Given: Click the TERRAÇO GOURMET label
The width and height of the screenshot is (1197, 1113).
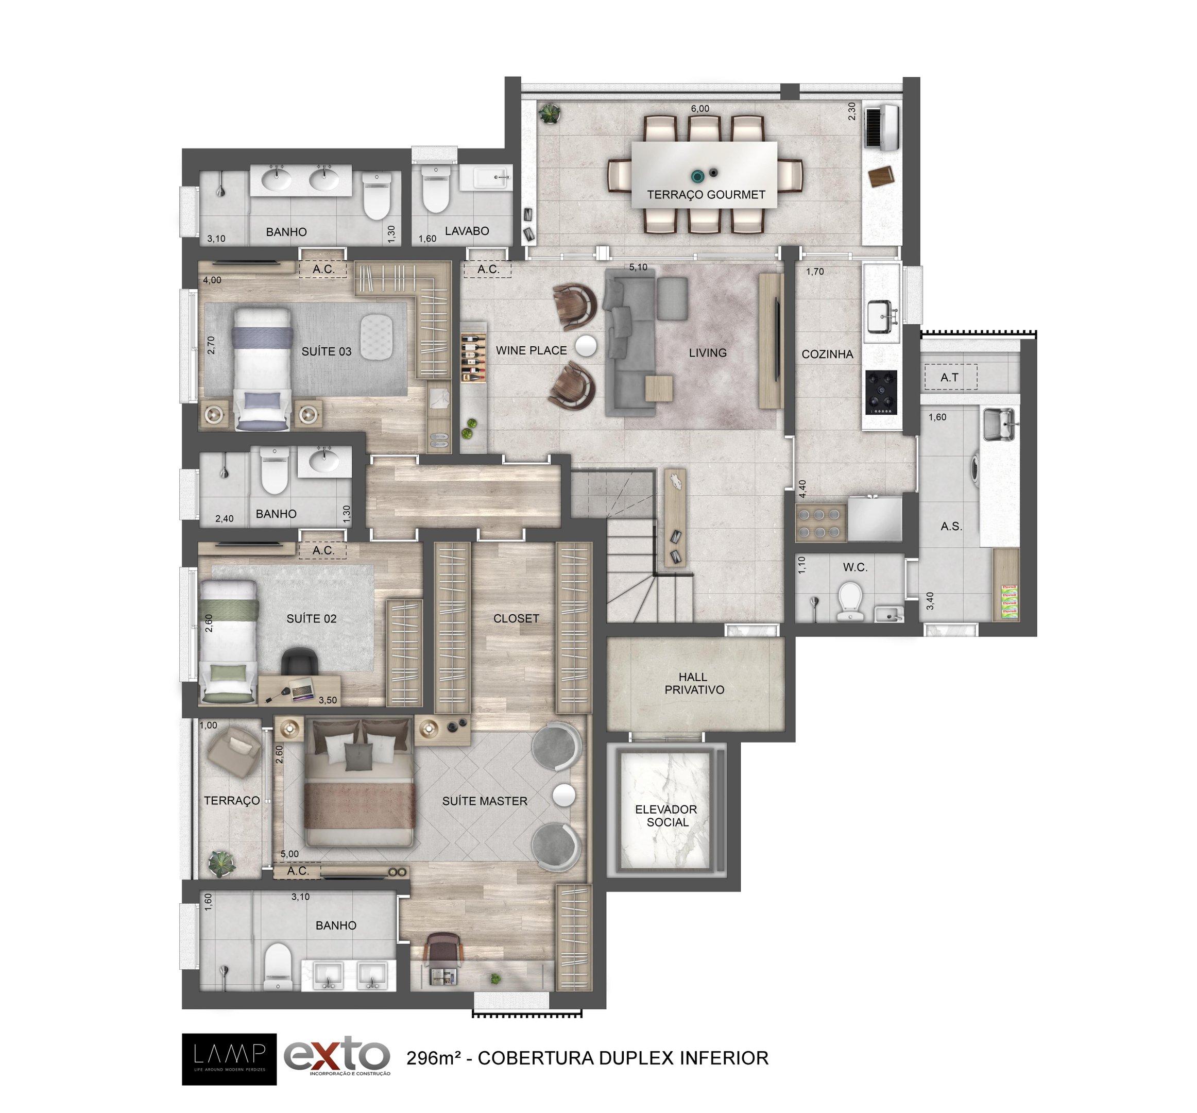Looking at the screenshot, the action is click(706, 195).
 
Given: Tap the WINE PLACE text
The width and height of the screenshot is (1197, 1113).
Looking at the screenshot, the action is click(531, 350).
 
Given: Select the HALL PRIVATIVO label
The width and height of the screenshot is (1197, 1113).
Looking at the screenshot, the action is click(694, 683).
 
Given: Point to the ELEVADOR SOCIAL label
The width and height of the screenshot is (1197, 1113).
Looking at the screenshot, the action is click(666, 816).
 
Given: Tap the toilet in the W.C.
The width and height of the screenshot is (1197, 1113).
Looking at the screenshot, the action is click(850, 600).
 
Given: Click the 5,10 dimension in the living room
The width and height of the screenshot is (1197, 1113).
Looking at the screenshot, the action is click(638, 267).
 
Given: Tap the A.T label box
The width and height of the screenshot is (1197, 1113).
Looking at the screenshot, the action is click(950, 377).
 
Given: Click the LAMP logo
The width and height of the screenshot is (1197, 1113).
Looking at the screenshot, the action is click(229, 1059).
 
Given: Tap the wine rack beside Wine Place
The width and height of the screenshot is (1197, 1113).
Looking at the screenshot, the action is click(474, 359).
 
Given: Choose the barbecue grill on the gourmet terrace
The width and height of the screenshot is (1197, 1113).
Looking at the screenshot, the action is click(882, 127).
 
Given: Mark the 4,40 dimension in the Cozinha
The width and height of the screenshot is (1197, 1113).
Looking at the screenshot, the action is click(802, 488).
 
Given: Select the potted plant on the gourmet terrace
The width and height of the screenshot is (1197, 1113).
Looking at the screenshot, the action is click(549, 113).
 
